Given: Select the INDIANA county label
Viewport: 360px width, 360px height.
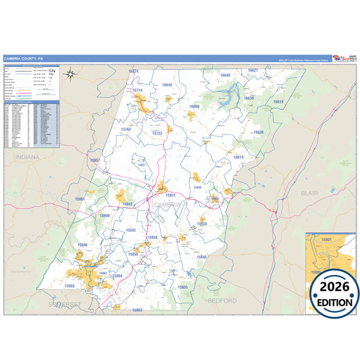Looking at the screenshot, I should point(26,157).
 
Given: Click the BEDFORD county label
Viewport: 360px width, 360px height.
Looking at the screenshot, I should point(222,299).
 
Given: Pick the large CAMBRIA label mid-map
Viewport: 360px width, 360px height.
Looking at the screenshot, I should point(167,204).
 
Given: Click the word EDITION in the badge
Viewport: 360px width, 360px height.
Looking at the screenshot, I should point(335,303).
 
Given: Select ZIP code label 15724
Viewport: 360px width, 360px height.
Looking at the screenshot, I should point(133,71).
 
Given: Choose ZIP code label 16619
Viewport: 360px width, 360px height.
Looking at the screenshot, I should point(278,101).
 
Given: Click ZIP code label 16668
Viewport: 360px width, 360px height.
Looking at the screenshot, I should point(194,107).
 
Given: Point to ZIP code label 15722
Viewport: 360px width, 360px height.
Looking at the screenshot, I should point(157,133).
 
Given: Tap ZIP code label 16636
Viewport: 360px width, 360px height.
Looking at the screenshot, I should point(258,132).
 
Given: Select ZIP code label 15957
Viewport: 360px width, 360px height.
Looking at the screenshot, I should point(95,160).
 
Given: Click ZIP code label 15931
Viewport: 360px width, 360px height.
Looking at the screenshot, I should point(170,195).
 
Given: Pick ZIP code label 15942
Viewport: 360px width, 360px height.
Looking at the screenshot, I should point(131,230).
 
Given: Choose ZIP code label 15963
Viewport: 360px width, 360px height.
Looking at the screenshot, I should point(137,310).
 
